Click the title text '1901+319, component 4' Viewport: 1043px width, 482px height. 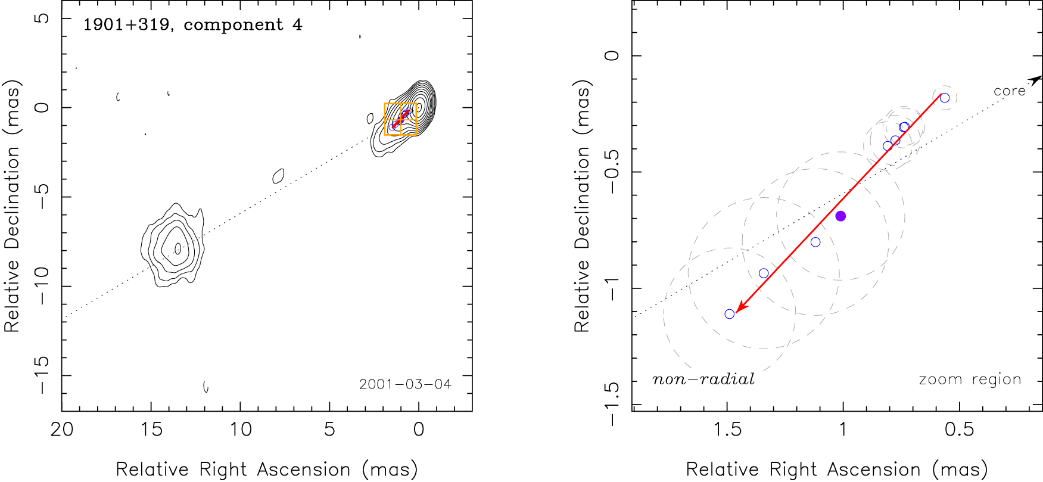click(192, 25)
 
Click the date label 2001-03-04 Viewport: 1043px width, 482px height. click(405, 384)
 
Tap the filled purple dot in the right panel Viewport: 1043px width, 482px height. click(840, 216)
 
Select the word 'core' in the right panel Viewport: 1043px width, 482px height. click(1009, 91)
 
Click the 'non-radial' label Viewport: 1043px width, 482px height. click(703, 380)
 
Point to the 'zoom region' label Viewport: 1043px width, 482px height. click(970, 380)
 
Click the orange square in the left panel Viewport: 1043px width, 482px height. click(400, 119)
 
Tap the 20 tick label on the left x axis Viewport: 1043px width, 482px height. click(62, 430)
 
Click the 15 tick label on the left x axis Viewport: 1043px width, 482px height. click(151, 430)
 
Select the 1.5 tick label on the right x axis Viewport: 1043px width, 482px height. click(727, 430)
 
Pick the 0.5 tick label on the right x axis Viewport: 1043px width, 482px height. click(959, 430)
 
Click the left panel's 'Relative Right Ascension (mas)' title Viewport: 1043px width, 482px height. click(266, 469)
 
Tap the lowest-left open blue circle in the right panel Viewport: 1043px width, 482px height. click(730, 314)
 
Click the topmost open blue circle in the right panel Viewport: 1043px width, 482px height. click(945, 98)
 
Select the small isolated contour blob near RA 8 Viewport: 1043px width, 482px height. click(278, 176)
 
